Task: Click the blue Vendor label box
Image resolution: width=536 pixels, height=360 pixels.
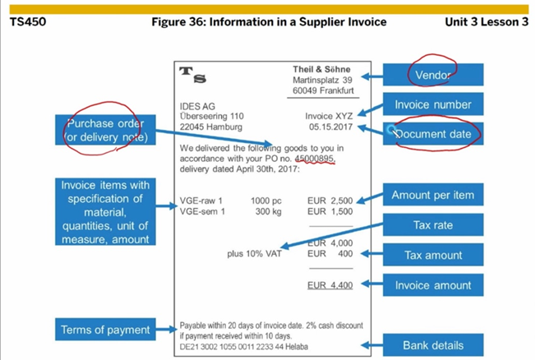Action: (432, 74)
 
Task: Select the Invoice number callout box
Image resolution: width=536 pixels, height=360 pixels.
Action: (432, 104)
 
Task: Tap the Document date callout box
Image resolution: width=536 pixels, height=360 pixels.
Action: (432, 133)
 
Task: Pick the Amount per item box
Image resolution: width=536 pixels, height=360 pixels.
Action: (432, 195)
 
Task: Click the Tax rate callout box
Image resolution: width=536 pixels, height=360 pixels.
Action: (432, 224)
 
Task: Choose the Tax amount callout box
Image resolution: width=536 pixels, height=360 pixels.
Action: (432, 255)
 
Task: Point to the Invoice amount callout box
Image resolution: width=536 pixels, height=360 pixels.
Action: (432, 284)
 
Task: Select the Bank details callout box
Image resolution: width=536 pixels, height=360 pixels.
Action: (432, 345)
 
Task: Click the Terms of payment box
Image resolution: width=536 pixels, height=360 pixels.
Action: (105, 330)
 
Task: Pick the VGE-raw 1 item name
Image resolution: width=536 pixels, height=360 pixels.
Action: (201, 201)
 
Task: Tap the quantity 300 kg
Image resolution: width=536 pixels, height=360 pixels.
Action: (268, 211)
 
